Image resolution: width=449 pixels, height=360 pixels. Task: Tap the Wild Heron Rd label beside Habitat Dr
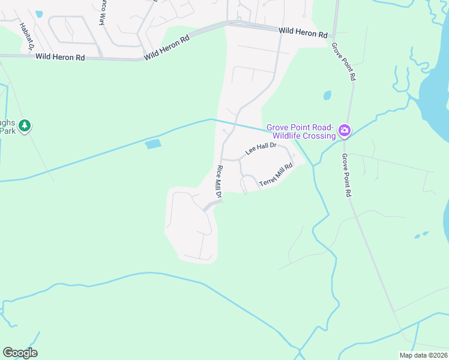point(59,57)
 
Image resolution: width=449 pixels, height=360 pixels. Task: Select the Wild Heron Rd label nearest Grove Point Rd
point(303,32)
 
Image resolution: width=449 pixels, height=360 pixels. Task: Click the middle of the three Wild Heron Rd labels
point(166,47)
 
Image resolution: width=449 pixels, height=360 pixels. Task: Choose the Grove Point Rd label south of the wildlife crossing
point(346,175)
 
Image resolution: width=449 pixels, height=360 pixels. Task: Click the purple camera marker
point(345,130)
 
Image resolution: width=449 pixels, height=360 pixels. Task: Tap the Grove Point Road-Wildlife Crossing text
point(301,131)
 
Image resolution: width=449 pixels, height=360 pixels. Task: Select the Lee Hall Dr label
point(260,148)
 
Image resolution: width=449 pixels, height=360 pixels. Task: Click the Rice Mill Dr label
point(219,182)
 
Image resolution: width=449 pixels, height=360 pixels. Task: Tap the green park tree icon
point(25,126)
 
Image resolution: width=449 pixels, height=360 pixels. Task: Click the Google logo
point(20,353)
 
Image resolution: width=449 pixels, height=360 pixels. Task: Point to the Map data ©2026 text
point(423,355)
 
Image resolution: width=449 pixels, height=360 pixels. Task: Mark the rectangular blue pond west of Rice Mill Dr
point(153,144)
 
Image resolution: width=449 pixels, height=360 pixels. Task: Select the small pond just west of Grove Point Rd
point(327,95)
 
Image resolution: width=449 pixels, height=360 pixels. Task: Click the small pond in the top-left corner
point(39,13)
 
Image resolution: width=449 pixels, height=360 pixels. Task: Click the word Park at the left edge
point(7,131)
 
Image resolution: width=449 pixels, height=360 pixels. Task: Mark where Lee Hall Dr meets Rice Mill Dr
point(223,159)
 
